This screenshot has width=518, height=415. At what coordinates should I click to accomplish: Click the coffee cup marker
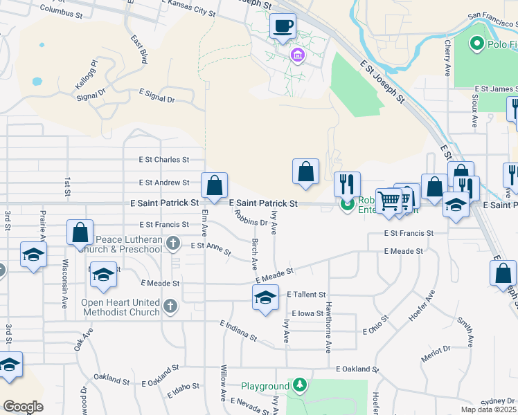pyautogui.click(x=283, y=27)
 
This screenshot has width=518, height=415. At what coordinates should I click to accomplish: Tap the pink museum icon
pyautogui.click(x=298, y=55)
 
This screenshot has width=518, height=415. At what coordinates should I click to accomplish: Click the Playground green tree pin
pyautogui.click(x=299, y=385)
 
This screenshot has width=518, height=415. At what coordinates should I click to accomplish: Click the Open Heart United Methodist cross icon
pyautogui.click(x=170, y=304)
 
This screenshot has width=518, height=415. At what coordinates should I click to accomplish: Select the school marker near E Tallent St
pyautogui.click(x=264, y=298)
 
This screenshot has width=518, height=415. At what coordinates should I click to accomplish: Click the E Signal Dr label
pyautogui.click(x=157, y=95)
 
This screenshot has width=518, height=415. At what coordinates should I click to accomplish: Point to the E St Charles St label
pyautogui.click(x=163, y=160)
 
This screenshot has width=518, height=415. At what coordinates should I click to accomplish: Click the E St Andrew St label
pyautogui.click(x=163, y=183)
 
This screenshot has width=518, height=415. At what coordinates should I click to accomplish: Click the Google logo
pyautogui.click(x=22, y=407)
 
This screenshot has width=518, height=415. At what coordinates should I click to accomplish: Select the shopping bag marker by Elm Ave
pyautogui.click(x=215, y=185)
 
